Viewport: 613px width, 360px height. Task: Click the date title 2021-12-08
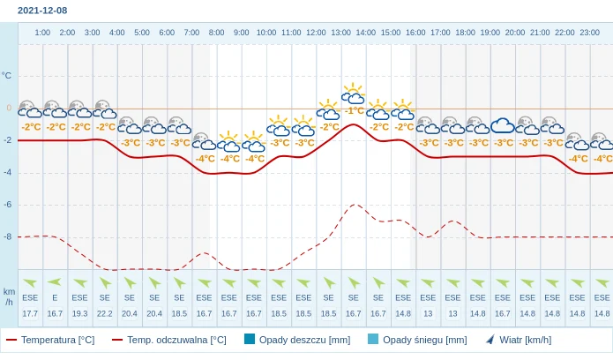pos(41,11)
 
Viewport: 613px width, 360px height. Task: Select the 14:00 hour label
pos(365,33)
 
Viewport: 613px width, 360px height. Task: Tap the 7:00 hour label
pos(191,33)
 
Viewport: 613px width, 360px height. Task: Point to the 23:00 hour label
pos(590,33)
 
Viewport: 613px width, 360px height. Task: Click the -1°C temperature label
pos(354,111)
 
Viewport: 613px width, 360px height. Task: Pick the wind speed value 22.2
pos(105,313)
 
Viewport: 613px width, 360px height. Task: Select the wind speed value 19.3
pos(79,313)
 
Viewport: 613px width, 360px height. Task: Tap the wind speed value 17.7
pos(30,313)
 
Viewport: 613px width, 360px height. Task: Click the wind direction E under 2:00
pos(55,298)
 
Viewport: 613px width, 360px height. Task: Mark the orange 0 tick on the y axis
pos(9,108)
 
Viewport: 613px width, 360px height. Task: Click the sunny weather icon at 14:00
pos(353,94)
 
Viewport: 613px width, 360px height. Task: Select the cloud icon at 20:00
pos(503,125)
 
